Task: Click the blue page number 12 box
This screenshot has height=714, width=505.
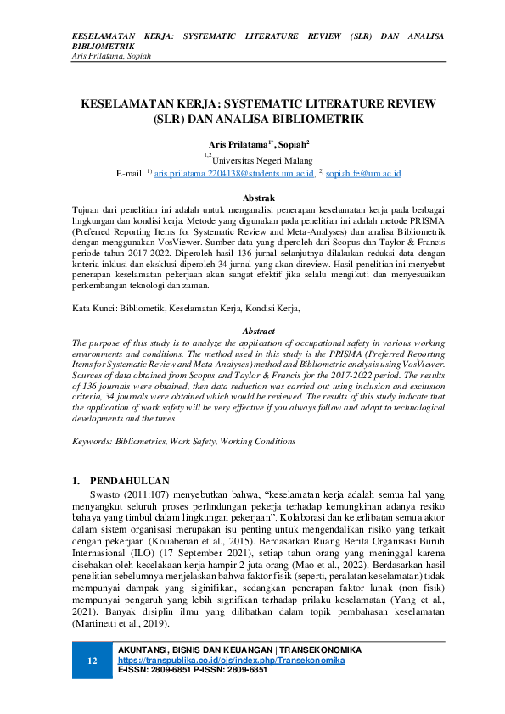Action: [x=93, y=661]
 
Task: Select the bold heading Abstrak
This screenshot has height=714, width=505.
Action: [x=258, y=197]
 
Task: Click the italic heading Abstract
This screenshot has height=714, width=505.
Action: [x=258, y=330]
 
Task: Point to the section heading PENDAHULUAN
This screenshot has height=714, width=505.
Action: [x=130, y=480]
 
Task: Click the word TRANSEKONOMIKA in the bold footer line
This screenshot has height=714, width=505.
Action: [x=322, y=650]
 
